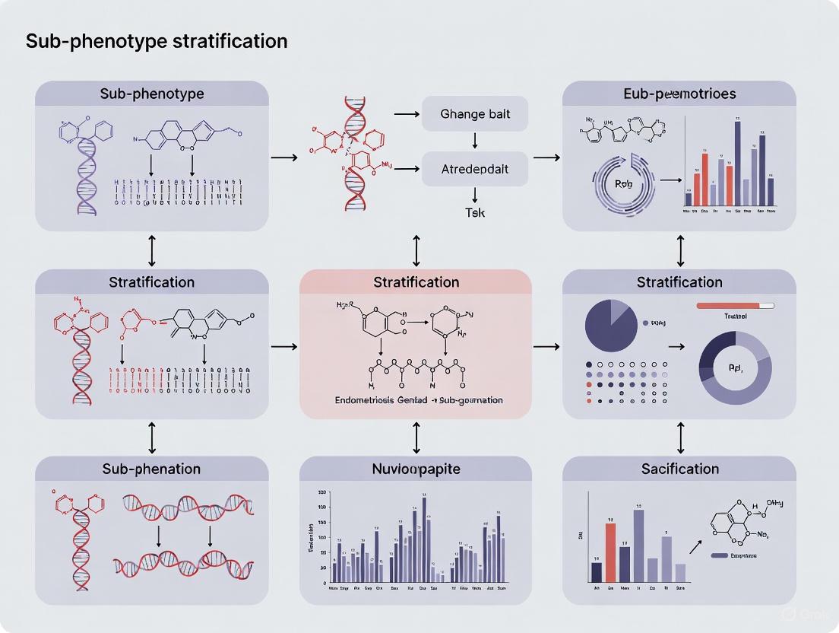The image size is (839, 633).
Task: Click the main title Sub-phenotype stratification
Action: pyautogui.click(x=157, y=41)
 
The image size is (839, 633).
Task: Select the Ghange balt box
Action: pyautogui.click(x=475, y=115)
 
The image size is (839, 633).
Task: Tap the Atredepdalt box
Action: pyautogui.click(x=475, y=168)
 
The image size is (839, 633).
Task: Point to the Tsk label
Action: pyautogui.click(x=475, y=213)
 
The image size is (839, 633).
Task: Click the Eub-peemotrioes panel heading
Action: pyautogui.click(x=679, y=94)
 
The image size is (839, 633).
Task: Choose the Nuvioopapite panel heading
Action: pyautogui.click(x=416, y=469)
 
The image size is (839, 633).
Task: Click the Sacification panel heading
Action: pyautogui.click(x=679, y=469)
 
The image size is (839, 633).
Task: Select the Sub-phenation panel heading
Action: pyautogui.click(x=151, y=469)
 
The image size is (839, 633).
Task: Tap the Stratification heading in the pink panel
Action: pyautogui.click(x=416, y=282)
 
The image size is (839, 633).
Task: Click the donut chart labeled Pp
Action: pyautogui.click(x=734, y=367)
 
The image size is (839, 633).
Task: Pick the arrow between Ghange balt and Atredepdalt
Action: pyautogui.click(x=475, y=142)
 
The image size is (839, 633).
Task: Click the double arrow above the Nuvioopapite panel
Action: pyautogui.click(x=416, y=437)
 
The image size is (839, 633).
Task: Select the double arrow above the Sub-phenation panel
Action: pyautogui.click(x=152, y=437)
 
